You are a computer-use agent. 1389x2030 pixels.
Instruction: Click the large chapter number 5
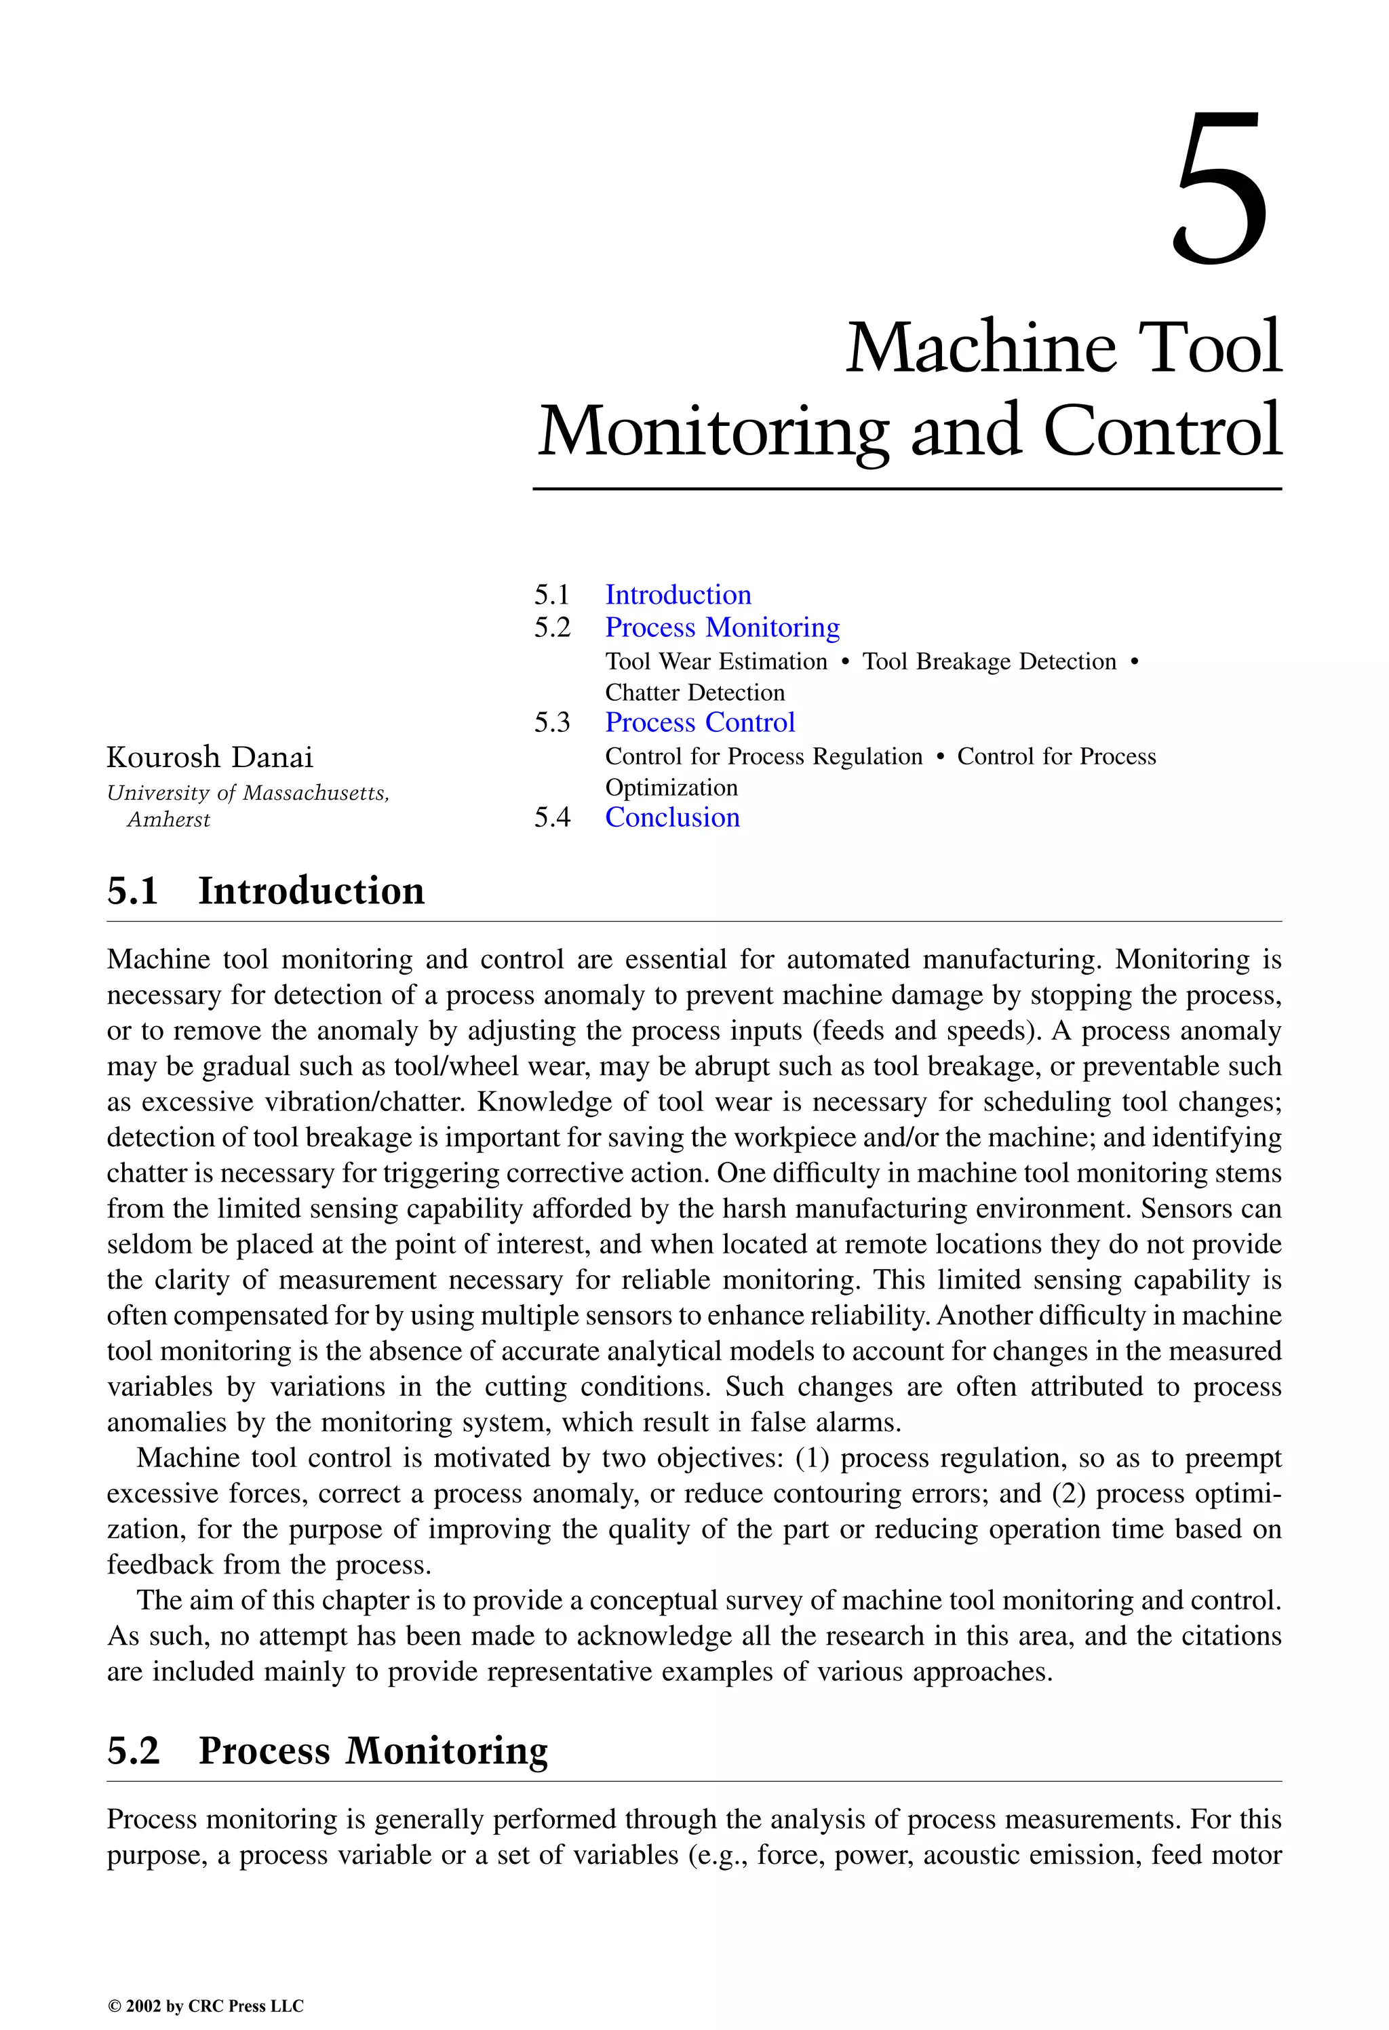(1219, 191)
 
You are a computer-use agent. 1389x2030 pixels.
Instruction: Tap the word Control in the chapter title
(1162, 430)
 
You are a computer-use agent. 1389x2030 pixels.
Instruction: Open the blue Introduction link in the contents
(678, 595)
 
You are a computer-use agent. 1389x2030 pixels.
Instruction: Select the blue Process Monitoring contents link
(722, 627)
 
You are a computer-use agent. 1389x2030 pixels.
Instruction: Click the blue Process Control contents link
(700, 722)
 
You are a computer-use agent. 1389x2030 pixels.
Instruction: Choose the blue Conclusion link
(672, 817)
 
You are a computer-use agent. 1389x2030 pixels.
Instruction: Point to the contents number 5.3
(552, 722)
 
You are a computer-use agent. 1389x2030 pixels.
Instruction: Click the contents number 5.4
(552, 817)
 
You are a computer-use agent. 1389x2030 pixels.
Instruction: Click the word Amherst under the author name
(169, 819)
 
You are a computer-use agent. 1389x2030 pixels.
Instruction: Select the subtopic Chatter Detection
(694, 692)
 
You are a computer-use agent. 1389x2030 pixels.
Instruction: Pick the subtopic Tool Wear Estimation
(716, 661)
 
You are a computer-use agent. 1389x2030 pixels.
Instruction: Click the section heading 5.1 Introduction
(266, 891)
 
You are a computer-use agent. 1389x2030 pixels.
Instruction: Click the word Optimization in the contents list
(671, 788)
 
